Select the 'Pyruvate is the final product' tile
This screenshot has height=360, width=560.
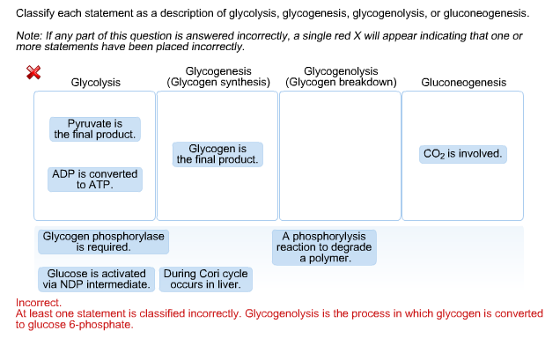[94, 129]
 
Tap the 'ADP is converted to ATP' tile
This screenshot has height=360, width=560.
[94, 180]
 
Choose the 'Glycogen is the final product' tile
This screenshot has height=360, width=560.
[217, 154]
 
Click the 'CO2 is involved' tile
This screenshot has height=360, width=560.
[462, 154]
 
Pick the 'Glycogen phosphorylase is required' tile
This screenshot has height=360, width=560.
[103, 242]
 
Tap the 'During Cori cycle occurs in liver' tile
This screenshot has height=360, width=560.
[205, 280]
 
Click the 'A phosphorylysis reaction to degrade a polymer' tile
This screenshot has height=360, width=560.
[324, 247]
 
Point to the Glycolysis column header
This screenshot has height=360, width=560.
[95, 83]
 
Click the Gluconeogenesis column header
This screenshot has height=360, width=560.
[463, 83]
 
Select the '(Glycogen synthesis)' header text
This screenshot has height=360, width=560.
[218, 83]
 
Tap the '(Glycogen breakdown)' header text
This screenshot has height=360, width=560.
[341, 83]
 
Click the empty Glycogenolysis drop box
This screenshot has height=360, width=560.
[340, 156]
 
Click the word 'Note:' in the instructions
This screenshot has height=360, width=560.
[29, 36]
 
